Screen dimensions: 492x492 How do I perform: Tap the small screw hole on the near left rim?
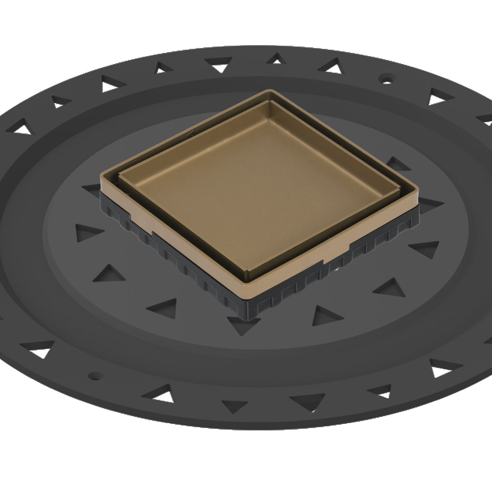click(95, 374)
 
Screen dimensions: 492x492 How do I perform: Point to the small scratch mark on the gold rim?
click(189, 133)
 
